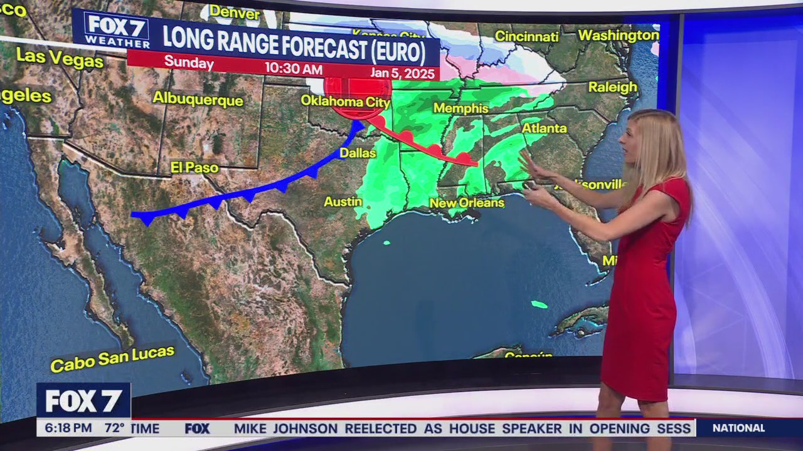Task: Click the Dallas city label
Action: pyautogui.click(x=358, y=153)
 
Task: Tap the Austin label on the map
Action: pyautogui.click(x=343, y=202)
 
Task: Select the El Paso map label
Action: pyautogui.click(x=194, y=168)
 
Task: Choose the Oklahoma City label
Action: pyautogui.click(x=345, y=101)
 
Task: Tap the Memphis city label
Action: pyautogui.click(x=460, y=108)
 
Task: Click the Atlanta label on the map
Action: pyautogui.click(x=544, y=128)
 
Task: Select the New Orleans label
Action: pyautogui.click(x=467, y=203)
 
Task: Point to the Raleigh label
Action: pyautogui.click(x=612, y=87)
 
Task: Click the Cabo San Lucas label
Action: pyautogui.click(x=112, y=359)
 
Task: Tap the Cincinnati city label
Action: pyautogui.click(x=526, y=36)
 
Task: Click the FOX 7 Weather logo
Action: pyautogui.click(x=117, y=30)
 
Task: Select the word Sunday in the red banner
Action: pyautogui.click(x=189, y=63)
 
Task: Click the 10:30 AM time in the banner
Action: pyautogui.click(x=293, y=68)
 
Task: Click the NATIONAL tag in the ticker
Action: pyautogui.click(x=738, y=428)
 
